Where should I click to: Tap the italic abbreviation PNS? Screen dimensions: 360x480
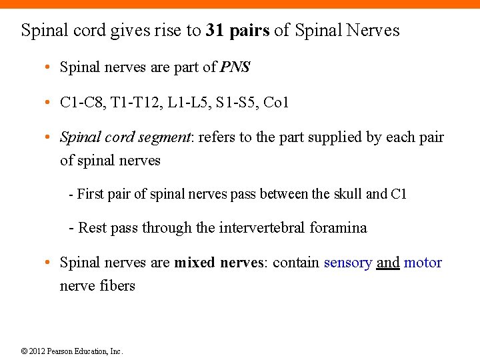[x=235, y=67]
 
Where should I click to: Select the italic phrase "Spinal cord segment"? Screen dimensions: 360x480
[x=125, y=138]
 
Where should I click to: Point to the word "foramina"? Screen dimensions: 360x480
[x=338, y=228]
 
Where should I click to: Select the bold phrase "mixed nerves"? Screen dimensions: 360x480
[x=220, y=263]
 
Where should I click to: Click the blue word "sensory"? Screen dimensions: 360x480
[x=347, y=263]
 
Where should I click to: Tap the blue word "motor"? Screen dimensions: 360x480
[x=423, y=263]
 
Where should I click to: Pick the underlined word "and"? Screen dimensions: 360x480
[x=388, y=263]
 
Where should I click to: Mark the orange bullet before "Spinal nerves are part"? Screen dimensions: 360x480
[x=49, y=68]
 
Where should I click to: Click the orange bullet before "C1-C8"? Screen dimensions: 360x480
[x=49, y=103]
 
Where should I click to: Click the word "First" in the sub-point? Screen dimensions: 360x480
[x=91, y=195]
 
